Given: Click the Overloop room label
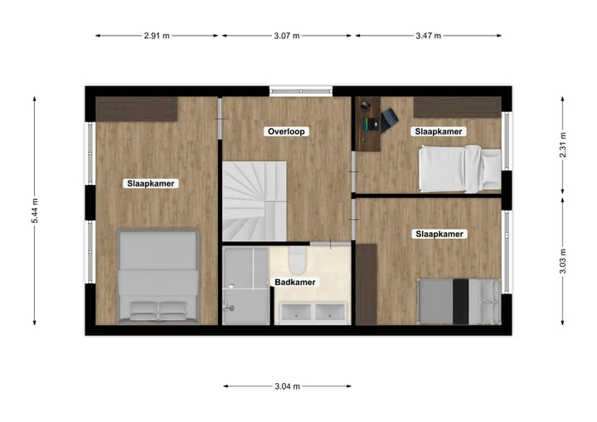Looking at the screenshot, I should click(287, 132).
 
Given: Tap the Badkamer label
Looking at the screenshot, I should click(295, 283).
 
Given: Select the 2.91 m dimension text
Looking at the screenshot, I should click(157, 36).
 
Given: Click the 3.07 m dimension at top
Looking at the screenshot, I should click(286, 36).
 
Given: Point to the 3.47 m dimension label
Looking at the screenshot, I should click(428, 36).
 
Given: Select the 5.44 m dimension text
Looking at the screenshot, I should click(35, 211).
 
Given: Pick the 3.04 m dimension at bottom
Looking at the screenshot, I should click(286, 386).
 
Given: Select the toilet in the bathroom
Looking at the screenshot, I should click(299, 261).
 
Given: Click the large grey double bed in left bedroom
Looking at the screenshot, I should click(158, 276).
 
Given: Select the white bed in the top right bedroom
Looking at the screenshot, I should click(459, 167).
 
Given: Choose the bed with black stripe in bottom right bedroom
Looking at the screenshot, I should click(459, 301).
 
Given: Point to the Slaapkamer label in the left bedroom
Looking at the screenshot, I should click(151, 183).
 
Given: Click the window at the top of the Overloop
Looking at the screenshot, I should click(300, 91).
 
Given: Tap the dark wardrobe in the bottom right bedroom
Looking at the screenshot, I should click(366, 284).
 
